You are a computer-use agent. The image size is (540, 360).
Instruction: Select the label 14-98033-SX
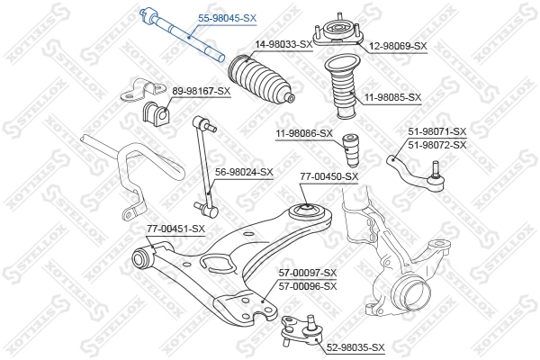(283, 43)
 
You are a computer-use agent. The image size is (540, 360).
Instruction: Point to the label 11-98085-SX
(392, 96)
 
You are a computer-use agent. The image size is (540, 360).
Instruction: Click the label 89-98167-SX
(202, 91)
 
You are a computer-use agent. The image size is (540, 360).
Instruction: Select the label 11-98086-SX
(304, 133)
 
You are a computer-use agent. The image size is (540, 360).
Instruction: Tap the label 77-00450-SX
(329, 177)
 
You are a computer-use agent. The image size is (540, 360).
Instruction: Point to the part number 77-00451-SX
(176, 229)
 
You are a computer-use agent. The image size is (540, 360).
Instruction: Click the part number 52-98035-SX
(355, 346)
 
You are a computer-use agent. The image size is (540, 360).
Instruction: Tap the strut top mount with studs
(337, 34)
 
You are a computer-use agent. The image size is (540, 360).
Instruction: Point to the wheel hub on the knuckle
(411, 292)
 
